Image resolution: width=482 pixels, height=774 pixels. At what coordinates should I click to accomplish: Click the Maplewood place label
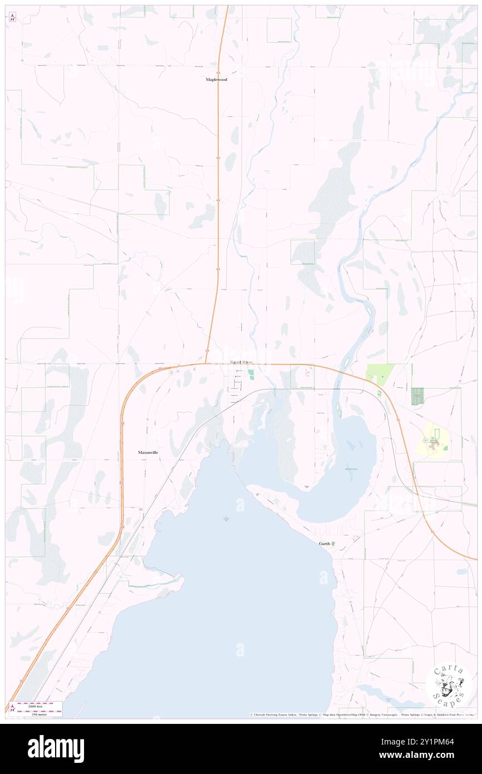point(217,80)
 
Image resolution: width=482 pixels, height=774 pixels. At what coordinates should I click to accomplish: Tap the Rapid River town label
point(242,362)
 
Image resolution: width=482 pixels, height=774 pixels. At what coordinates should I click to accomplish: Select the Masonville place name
point(148,453)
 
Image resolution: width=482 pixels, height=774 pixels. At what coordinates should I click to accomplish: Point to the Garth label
point(324,543)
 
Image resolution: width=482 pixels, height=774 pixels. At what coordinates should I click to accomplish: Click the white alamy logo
point(56,749)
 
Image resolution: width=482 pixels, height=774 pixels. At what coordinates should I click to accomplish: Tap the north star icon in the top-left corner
point(13,16)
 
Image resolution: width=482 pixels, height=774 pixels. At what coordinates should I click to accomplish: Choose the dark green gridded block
point(417,396)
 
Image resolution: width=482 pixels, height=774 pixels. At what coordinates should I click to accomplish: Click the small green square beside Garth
point(333,543)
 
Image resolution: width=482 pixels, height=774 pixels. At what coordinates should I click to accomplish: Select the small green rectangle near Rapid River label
point(250,375)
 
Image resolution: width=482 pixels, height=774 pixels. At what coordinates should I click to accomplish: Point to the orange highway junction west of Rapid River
point(206,362)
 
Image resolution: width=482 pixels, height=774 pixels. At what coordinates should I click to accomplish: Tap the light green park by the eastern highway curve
point(380,374)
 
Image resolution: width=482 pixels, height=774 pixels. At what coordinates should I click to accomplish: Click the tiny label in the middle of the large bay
point(226,520)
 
